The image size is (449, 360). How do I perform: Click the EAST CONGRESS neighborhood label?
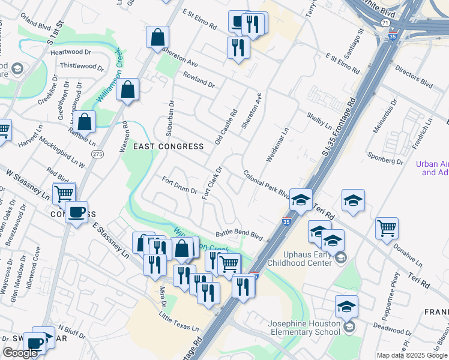[169, 146]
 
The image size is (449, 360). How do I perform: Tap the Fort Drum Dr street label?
[179, 185]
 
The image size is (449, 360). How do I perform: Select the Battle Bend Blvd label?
[240, 235]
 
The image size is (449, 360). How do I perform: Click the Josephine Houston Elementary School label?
[304, 328]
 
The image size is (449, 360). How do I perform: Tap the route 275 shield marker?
[97, 154]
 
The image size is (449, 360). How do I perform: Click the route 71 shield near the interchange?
[384, 22]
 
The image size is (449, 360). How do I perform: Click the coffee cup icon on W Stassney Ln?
[76, 212]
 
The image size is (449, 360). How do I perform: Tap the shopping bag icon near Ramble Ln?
[86, 121]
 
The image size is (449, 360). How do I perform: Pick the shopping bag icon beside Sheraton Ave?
[157, 37]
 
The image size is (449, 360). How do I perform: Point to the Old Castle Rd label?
[226, 127]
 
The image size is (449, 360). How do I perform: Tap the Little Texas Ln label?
[178, 322]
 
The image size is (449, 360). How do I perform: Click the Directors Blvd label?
[414, 76]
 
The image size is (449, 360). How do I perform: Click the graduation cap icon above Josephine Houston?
[346, 307]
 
